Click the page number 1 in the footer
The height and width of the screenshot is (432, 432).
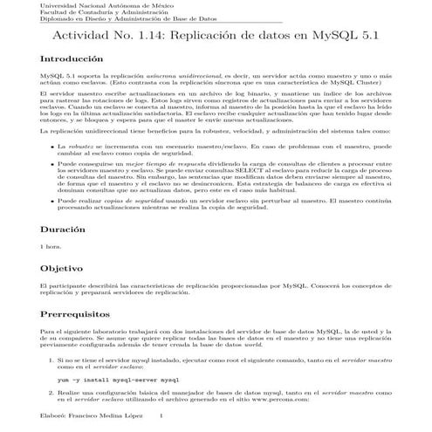pyautogui.click(x=175, y=416)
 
